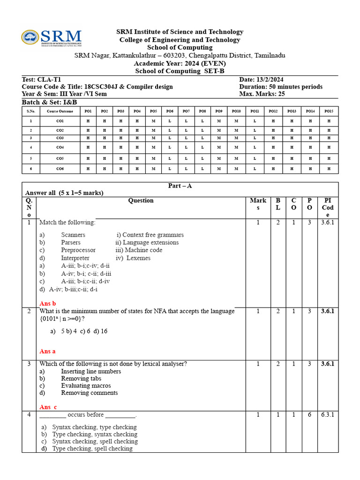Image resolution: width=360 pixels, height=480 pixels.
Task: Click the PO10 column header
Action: tap(236, 111)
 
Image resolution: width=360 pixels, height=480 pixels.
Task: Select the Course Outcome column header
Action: tap(60, 111)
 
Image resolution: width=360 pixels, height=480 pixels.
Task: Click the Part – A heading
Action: tap(180, 186)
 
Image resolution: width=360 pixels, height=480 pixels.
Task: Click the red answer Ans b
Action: tap(48, 303)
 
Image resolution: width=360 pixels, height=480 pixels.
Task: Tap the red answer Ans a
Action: tap(48, 351)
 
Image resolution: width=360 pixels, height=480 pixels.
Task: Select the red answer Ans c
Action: tap(48, 407)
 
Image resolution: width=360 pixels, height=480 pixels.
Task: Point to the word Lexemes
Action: tap(139, 258)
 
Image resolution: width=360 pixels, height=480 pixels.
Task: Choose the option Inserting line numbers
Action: tap(91, 371)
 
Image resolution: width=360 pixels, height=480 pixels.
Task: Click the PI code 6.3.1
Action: tap(327, 414)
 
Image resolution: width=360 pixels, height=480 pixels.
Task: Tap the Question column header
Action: tap(141, 201)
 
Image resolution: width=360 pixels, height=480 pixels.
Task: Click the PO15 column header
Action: tap(329, 111)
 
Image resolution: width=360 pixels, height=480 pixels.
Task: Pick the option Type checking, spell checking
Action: tap(92, 449)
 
